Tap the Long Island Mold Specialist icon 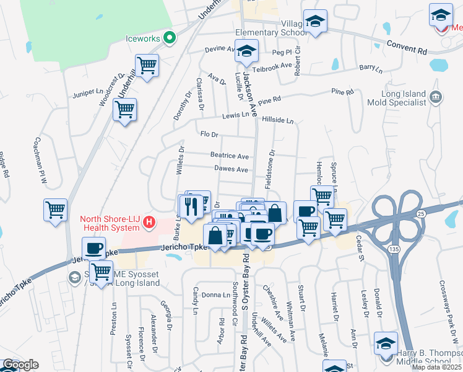pyautogui.click(x=435, y=96)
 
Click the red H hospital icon pyautogui.click(x=148, y=222)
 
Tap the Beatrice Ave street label pyautogui.click(x=229, y=156)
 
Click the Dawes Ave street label pyautogui.click(x=231, y=169)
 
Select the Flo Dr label pyautogui.click(x=210, y=134)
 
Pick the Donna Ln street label pyautogui.click(x=215, y=294)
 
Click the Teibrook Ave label pyautogui.click(x=275, y=65)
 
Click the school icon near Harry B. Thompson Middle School pyautogui.click(x=386, y=343)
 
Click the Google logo pyautogui.click(x=20, y=365)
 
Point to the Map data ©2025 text pyautogui.click(x=436, y=367)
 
